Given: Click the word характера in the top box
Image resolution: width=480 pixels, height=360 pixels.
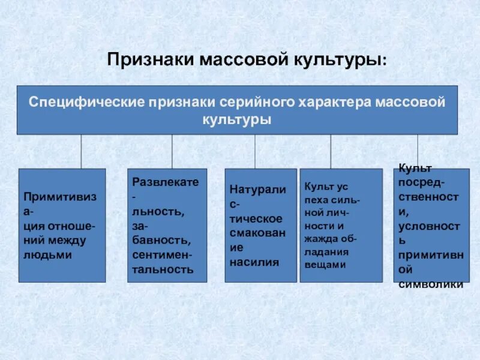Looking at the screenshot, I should pyautogui.click(x=334, y=102).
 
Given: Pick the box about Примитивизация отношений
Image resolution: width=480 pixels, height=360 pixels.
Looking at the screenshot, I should pyautogui.click(x=62, y=225).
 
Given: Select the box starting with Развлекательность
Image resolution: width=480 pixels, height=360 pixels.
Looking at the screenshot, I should pyautogui.click(x=167, y=225).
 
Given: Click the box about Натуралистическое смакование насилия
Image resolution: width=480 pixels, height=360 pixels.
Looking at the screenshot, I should pyautogui.click(x=260, y=225).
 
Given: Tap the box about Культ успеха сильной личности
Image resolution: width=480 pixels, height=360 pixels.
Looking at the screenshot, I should pyautogui.click(x=340, y=225).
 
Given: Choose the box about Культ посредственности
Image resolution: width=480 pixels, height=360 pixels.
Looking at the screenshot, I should pyautogui.click(x=431, y=225).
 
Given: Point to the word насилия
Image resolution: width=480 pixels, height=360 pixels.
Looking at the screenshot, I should pyautogui.click(x=254, y=262).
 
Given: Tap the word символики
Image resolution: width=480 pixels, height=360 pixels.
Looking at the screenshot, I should pyautogui.click(x=431, y=284).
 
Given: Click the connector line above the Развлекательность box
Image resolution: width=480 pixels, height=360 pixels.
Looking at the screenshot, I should pyautogui.click(x=172, y=151).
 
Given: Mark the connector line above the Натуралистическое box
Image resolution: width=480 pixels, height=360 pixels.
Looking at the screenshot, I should pyautogui.click(x=255, y=151).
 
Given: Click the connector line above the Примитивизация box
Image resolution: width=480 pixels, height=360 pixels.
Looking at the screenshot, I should pyautogui.click(x=81, y=151).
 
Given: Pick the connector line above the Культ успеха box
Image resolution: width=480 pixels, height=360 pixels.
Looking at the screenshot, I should pyautogui.click(x=331, y=151).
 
